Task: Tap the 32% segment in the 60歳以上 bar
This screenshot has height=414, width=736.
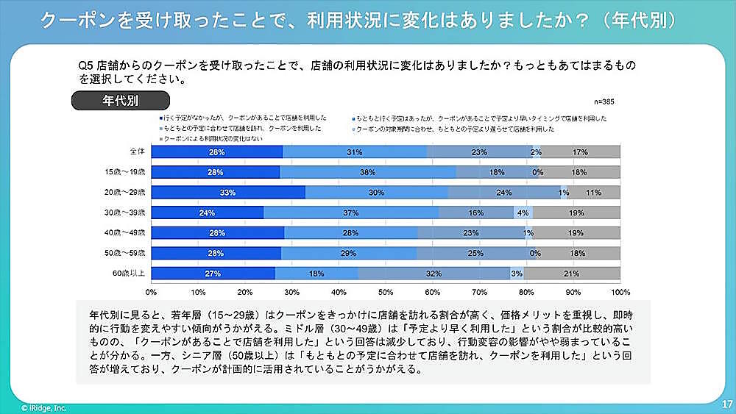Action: pos(433,274)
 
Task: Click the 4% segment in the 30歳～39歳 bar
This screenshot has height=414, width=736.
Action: pos(523,213)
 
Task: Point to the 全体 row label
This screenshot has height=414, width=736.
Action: pos(137,151)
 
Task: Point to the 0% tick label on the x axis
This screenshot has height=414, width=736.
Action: pos(151,291)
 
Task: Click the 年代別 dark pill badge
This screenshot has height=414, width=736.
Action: pos(120,99)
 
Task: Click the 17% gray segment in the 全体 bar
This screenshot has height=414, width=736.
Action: pos(581,151)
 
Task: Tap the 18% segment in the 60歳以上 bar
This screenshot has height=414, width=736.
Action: pos(317,274)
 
